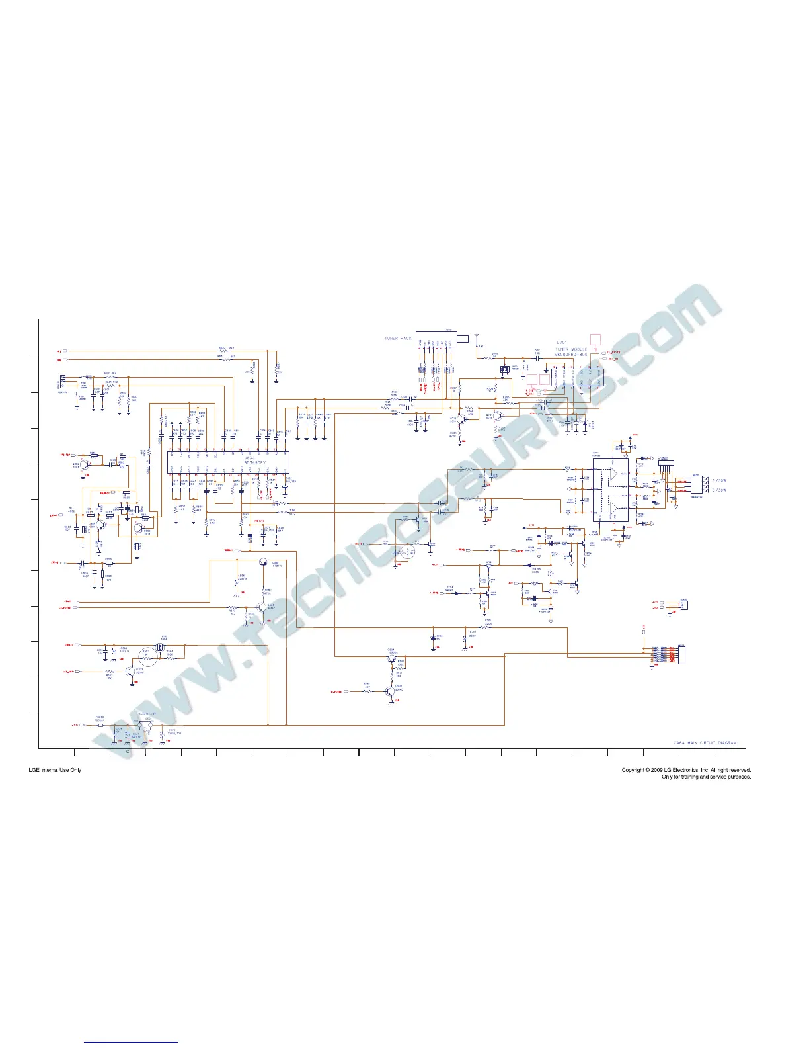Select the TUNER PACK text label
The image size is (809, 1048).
(398, 339)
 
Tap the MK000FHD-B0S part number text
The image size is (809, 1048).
(571, 355)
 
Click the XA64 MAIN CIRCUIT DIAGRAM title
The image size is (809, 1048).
(705, 743)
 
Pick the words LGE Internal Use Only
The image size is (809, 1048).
(55, 770)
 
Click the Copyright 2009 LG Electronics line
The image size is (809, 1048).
(685, 770)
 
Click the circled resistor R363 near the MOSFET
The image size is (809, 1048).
(147, 654)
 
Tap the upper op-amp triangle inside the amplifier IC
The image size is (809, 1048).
(616, 474)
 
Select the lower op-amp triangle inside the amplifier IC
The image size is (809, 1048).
(616, 507)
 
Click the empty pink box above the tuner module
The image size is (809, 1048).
(595, 339)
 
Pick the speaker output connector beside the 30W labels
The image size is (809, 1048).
(696, 485)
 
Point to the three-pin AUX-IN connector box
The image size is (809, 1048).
(63, 382)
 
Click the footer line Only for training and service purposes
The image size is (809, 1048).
(706, 777)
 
